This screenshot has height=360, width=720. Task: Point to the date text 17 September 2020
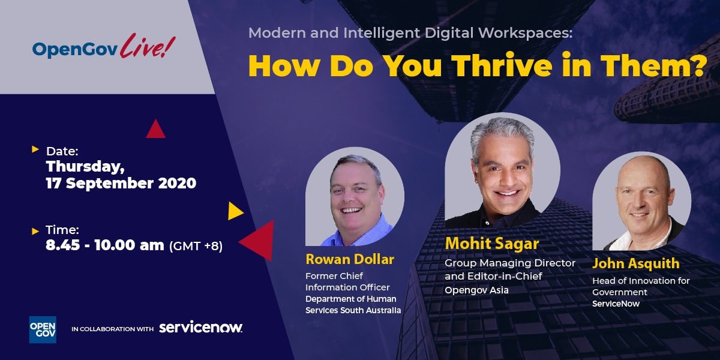(121, 184)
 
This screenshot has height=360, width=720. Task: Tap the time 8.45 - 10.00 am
(105, 245)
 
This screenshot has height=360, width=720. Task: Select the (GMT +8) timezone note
(196, 246)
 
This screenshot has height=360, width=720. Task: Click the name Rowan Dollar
(350, 259)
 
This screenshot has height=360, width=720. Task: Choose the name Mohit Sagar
(492, 244)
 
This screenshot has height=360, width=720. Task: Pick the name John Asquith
(635, 263)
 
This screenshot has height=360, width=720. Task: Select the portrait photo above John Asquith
(641, 200)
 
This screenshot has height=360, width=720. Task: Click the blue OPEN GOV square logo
(43, 329)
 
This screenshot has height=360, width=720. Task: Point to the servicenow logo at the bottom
(201, 328)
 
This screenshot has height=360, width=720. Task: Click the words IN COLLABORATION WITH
(112, 329)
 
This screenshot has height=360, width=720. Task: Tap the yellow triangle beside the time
(235, 211)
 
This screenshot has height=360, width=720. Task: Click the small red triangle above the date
(155, 130)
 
